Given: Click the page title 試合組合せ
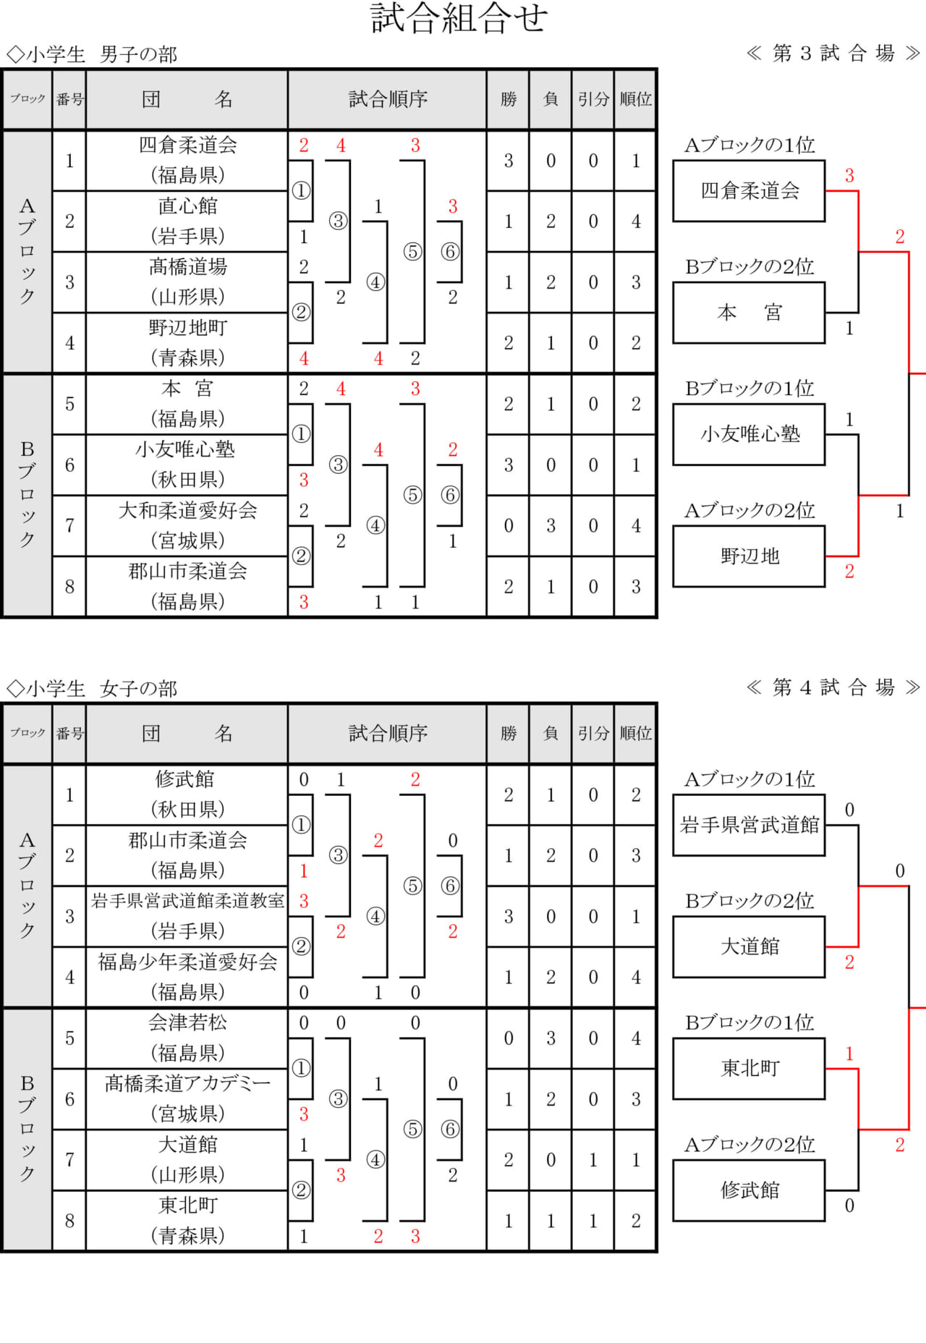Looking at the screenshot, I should click(x=459, y=19).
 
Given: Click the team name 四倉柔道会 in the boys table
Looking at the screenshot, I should click(x=187, y=145).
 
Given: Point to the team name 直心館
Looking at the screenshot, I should click(x=187, y=206).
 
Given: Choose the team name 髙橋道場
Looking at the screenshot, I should click(x=187, y=267).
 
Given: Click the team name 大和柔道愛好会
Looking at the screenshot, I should click(x=187, y=511).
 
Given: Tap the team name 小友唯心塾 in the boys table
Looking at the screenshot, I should click(x=185, y=450).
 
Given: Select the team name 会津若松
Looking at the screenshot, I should click(x=187, y=1022).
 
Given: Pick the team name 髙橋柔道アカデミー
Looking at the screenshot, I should click(x=187, y=1083).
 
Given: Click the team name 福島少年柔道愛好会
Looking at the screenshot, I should click(x=187, y=962).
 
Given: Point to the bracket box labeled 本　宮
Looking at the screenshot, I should click(x=749, y=313).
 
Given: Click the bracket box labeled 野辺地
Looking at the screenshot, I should click(x=749, y=556).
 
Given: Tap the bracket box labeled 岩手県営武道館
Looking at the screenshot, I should click(x=749, y=825).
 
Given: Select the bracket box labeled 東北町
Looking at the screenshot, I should click(x=749, y=1068).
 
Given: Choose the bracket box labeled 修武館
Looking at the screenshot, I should click(x=749, y=1190).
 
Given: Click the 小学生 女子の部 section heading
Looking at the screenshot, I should click(x=92, y=689).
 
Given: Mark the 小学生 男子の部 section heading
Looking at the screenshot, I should click(x=92, y=55).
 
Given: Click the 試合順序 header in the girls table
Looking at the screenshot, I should click(x=388, y=734).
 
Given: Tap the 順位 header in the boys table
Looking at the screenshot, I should click(x=635, y=99).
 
